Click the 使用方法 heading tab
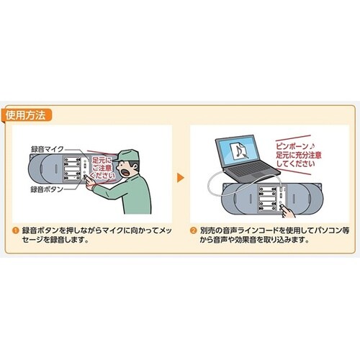pyautogui.click(x=27, y=114)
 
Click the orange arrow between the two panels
pyautogui.click(x=179, y=176)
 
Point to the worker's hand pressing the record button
pyautogui.click(x=93, y=183)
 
